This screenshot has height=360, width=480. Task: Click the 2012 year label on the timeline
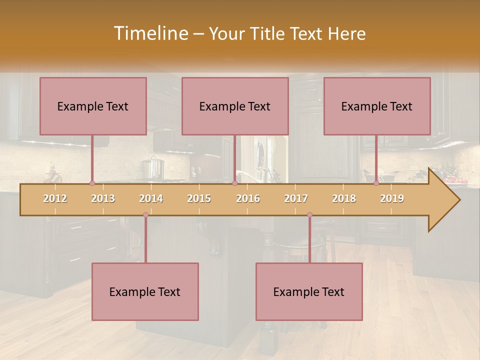pyautogui.click(x=55, y=198)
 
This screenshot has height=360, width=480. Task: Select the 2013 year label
pyautogui.click(x=103, y=198)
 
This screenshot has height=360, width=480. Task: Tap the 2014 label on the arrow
pyautogui.click(x=151, y=198)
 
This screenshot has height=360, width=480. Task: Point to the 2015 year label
pyautogui.click(x=199, y=198)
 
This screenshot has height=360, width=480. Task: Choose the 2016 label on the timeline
pyautogui.click(x=248, y=198)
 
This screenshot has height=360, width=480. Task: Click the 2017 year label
pyautogui.click(x=296, y=198)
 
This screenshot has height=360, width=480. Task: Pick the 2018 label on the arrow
pyautogui.click(x=344, y=198)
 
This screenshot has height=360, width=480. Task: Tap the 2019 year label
pyautogui.click(x=392, y=198)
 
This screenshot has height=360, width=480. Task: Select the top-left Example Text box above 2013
pyautogui.click(x=93, y=106)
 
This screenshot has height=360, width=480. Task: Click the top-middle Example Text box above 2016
pyautogui.click(x=235, y=106)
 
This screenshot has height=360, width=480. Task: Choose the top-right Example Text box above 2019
pyautogui.click(x=377, y=106)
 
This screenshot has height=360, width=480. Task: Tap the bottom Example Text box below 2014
pyautogui.click(x=145, y=292)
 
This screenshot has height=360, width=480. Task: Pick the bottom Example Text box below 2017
pyautogui.click(x=309, y=292)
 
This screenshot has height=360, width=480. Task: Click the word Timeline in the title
pyautogui.click(x=150, y=33)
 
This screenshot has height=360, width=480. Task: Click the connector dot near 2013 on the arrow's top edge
pyautogui.click(x=92, y=183)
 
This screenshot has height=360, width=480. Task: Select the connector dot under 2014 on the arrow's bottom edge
pyautogui.click(x=145, y=215)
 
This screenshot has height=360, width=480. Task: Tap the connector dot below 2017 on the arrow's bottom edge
pyautogui.click(x=309, y=215)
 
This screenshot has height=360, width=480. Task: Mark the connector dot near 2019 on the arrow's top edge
pyautogui.click(x=376, y=183)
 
